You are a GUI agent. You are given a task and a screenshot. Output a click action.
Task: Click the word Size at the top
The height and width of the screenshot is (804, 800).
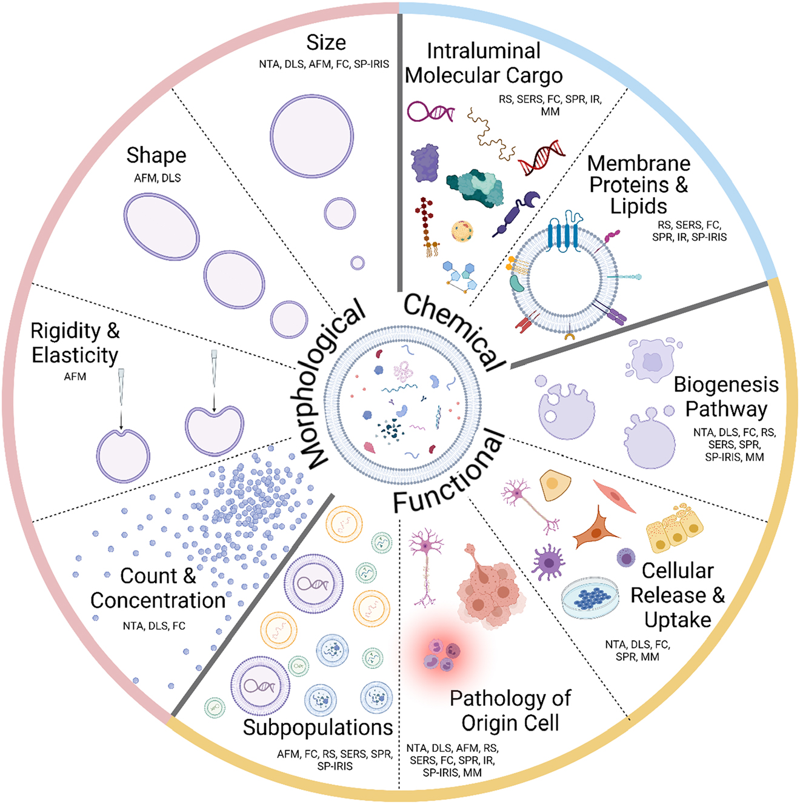326,43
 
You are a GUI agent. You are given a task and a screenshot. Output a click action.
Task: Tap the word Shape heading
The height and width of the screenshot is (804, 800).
156,155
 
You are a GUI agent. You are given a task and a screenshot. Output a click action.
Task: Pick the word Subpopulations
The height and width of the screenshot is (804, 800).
318,727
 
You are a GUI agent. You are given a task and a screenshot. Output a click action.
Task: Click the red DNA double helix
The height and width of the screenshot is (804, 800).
542,156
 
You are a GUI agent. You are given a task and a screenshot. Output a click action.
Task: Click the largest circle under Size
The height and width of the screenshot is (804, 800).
312,136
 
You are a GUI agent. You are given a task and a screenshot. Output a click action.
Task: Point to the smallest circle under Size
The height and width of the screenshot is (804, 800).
358,263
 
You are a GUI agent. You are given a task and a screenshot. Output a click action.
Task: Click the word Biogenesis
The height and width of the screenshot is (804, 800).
726,384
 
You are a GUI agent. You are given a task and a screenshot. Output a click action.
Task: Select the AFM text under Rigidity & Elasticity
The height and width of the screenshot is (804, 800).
75,377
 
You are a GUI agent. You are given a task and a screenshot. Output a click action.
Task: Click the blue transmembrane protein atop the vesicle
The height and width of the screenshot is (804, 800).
564,233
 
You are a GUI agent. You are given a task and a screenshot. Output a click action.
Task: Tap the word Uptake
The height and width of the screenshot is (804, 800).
678,620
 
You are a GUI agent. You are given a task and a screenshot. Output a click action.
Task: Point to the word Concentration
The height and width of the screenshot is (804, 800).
158,600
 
